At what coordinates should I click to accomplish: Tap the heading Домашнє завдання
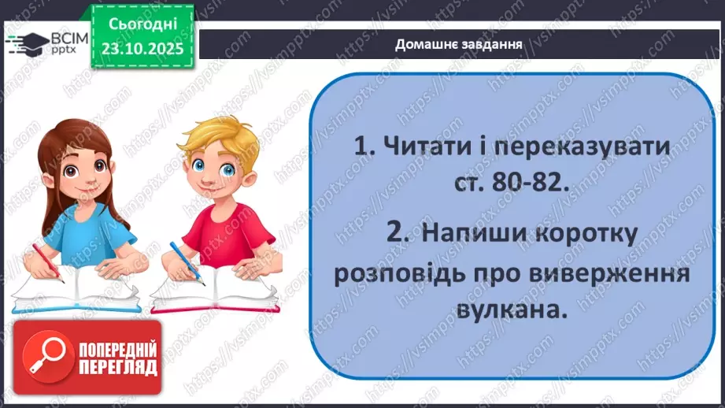tap(460, 44)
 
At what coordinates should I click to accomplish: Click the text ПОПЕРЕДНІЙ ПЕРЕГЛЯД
tap(118, 359)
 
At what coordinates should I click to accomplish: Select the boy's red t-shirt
tap(229, 236)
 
